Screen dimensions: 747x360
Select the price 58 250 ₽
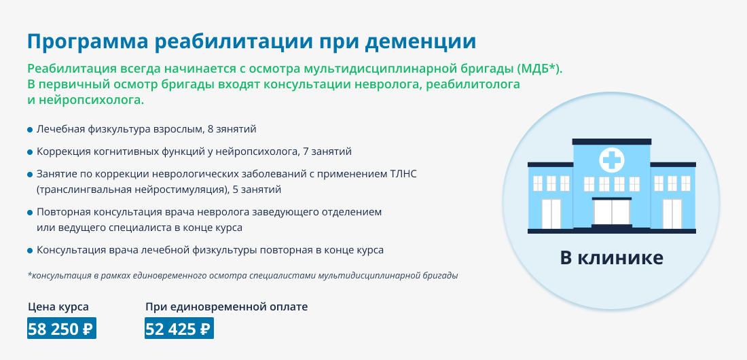[x=62, y=329]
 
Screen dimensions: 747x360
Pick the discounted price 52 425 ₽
[x=179, y=329]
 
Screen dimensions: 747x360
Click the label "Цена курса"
[x=58, y=307]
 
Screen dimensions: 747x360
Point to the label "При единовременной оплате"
[x=226, y=307]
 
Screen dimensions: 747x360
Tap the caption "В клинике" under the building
[x=611, y=258]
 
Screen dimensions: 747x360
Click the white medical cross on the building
[x=611, y=159]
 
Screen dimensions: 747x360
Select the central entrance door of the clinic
[x=611, y=212]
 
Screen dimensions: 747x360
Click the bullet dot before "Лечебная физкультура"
[x=30, y=130]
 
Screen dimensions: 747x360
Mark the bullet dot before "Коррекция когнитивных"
[x=30, y=152]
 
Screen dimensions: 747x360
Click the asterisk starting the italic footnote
[x=29, y=275]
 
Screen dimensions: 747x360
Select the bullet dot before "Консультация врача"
[x=30, y=251]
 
